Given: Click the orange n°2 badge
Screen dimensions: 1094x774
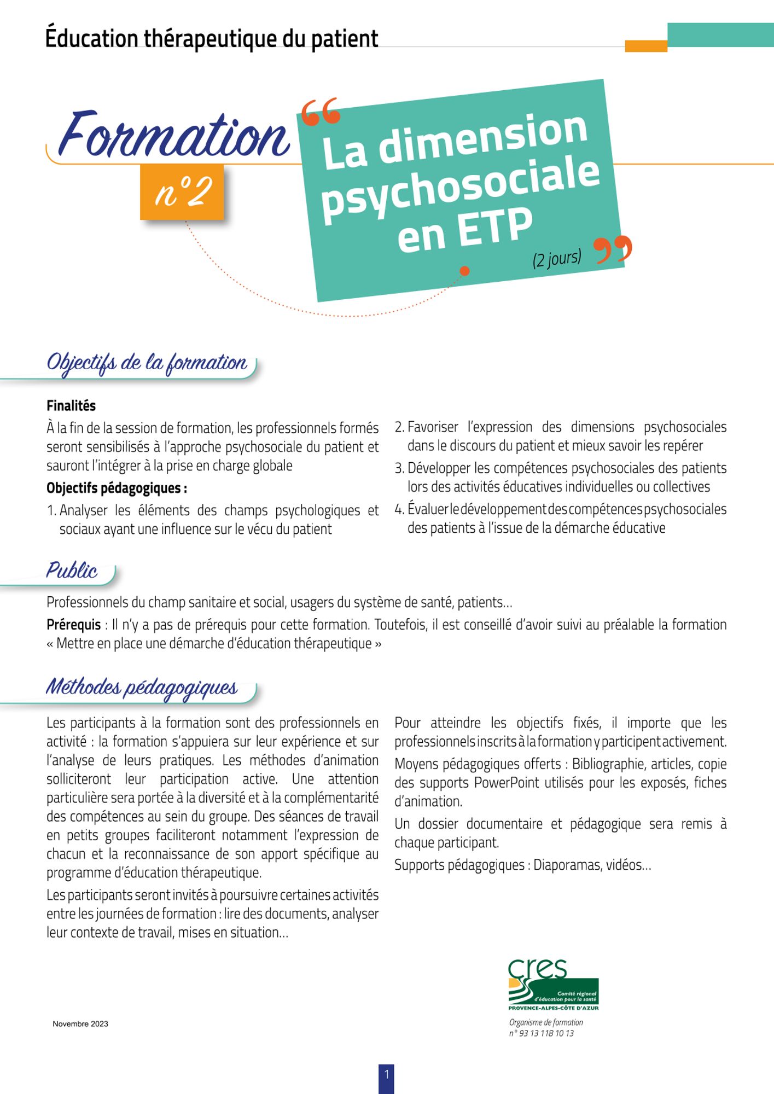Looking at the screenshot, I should pos(182,192).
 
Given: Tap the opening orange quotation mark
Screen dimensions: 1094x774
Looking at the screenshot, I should pos(321,113).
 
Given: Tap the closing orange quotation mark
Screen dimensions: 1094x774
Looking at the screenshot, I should pos(613,250).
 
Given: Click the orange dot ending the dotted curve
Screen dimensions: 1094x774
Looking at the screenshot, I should pos(464,271).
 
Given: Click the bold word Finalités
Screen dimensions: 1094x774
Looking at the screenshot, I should pos(71,406).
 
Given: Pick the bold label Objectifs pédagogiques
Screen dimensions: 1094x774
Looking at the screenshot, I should pos(116,488).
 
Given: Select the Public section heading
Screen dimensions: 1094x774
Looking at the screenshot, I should pos(72,571).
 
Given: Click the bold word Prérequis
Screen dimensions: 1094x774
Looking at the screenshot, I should pos(73,625).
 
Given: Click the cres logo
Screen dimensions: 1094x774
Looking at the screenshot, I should pos(553,985).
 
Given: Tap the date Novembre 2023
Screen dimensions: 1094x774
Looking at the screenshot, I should pos(80,1024).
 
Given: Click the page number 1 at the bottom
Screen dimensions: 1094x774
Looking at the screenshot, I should pos(386,1075).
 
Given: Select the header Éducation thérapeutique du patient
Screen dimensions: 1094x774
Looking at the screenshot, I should pos(212,39).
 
